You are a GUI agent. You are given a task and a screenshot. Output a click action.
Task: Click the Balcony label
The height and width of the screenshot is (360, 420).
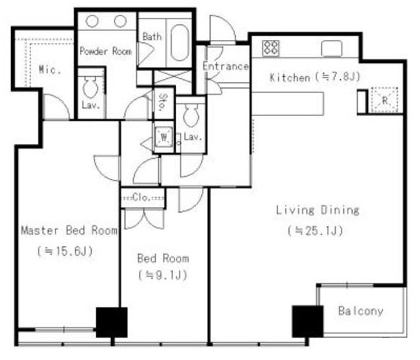[361, 311]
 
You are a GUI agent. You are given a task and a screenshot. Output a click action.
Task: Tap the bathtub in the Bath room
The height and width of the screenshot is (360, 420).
[180, 43]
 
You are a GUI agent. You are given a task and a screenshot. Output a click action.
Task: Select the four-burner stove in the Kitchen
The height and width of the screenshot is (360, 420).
[271, 48]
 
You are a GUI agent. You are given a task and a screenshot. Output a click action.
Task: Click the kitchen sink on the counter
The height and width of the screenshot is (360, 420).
[332, 49]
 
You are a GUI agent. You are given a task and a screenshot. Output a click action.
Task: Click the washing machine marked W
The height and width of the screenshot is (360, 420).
[163, 137]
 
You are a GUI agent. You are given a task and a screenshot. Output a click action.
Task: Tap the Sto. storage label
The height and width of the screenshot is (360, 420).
[163, 102]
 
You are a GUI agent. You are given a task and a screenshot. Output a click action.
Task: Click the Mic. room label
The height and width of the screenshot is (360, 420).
[50, 70]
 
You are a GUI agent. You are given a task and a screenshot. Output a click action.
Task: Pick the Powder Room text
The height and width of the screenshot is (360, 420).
[106, 51]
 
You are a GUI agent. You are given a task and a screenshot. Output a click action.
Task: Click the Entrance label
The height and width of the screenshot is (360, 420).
[226, 67]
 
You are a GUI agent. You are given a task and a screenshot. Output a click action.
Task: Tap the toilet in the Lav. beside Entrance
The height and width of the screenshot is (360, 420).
[191, 115]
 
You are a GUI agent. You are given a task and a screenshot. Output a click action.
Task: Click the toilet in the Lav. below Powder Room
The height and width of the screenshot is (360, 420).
[90, 87]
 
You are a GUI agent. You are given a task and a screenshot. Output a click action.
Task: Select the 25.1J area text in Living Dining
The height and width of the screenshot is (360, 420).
[315, 231]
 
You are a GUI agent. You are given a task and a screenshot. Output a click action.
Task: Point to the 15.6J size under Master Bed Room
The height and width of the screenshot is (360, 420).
[65, 251]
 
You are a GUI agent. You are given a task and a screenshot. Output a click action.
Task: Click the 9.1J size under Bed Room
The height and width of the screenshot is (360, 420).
[163, 275]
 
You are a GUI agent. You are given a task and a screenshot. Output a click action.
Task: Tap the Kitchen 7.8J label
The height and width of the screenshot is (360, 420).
[315, 78]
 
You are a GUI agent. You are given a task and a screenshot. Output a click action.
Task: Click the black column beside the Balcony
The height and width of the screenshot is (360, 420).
[308, 322]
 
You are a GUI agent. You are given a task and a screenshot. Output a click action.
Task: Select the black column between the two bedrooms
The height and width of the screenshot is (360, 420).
[112, 322]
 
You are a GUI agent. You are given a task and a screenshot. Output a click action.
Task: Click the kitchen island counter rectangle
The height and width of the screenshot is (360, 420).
[288, 103]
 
